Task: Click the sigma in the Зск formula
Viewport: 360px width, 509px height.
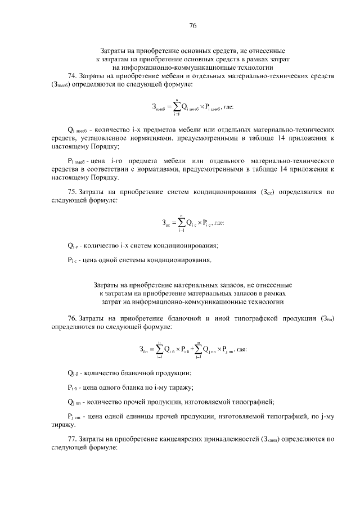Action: [182, 222]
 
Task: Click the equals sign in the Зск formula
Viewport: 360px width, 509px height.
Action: [173, 223]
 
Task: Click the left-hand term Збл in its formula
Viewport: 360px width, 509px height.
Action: [143, 349]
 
